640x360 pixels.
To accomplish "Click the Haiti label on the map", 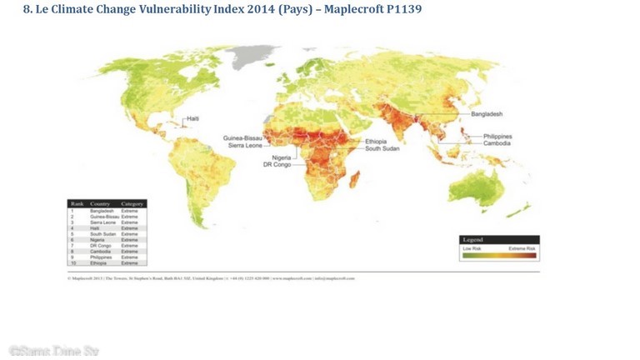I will point(192,118).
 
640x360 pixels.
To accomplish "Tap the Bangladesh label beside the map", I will point(487,113).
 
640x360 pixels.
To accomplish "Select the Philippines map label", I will point(497,136).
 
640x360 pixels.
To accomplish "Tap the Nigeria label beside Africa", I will point(282,157).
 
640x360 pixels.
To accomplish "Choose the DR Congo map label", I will point(277,164).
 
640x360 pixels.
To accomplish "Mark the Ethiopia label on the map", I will point(376,141).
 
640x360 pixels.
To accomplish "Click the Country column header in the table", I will point(101,203).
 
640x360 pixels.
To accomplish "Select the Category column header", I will point(133,203).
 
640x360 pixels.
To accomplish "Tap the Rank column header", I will point(77,203).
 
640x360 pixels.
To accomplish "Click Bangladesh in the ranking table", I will point(102,211).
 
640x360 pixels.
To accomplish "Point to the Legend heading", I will point(473,240).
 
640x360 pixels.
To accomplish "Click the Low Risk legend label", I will point(472,248).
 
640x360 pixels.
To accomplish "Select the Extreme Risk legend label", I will point(522,248).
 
